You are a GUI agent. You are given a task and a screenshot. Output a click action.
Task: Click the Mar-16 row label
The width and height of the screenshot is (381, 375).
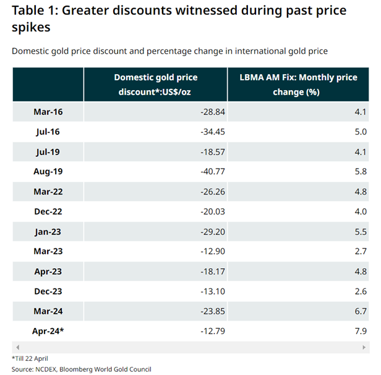48,112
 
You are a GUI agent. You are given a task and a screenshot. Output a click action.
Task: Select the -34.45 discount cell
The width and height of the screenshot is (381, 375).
208,132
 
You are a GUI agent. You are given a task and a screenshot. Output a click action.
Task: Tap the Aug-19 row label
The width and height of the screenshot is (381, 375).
48,172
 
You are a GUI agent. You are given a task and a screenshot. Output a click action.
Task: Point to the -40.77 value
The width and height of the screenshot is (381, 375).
208,172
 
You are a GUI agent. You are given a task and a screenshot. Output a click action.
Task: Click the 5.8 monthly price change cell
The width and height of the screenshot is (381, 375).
360,172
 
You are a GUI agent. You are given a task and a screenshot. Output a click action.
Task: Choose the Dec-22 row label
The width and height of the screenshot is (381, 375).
48,211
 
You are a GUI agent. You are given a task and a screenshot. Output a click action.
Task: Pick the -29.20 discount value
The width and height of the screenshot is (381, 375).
208,231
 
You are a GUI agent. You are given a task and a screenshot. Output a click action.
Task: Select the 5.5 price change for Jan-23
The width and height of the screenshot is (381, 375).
360,231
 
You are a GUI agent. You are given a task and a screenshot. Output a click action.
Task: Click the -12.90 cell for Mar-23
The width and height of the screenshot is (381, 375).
208,251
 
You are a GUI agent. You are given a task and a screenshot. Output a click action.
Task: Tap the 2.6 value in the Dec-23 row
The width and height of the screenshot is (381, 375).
360,291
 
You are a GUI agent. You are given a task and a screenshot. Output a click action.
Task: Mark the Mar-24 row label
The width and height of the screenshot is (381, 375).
48,311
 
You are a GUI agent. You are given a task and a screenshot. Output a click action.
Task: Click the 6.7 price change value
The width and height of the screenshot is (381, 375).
360,311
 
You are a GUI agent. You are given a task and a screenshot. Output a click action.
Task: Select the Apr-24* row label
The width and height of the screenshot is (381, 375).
48,331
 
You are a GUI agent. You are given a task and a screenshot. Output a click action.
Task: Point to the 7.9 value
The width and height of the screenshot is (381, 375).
360,331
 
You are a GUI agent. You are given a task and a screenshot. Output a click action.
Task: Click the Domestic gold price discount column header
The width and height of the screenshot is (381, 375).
156,85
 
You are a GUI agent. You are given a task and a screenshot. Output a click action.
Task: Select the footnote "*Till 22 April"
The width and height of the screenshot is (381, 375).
30,358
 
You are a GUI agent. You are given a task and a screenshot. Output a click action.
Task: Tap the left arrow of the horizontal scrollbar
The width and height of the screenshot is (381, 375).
17,347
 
